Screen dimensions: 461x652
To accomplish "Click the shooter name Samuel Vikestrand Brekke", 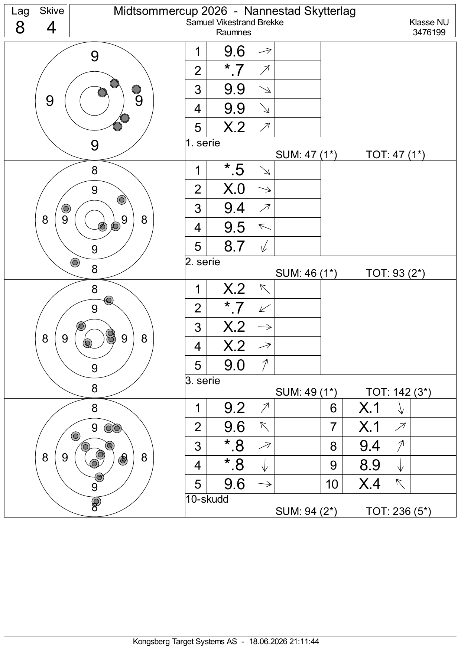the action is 235,22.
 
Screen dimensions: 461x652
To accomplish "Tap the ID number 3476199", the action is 429,32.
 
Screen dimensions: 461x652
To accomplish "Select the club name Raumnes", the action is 234,32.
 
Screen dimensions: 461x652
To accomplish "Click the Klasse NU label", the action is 429,22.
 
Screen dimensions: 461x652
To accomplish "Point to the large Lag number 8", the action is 20,27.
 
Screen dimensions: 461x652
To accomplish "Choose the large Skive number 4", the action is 51,27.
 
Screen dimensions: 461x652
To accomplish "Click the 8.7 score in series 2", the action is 234,246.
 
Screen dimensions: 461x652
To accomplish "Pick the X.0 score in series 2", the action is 234,189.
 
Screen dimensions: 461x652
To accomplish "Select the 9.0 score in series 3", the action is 234,365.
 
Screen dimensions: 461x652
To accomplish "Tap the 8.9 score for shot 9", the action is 370,465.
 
